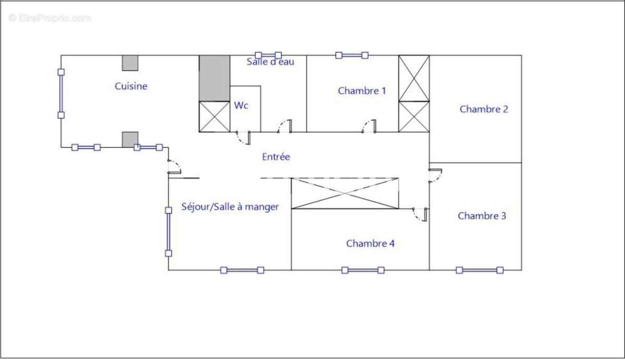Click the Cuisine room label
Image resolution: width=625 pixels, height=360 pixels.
131,86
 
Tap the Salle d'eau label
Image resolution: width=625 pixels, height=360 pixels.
270,61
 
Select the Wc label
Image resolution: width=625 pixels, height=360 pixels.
241,105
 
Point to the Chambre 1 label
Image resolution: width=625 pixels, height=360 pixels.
361,91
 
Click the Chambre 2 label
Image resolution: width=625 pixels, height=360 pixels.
483,109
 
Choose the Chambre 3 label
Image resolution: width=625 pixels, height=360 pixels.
482,216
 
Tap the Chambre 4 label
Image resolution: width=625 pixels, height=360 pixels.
370,243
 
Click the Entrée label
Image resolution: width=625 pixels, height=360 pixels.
276,157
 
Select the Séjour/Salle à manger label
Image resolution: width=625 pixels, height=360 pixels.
230,207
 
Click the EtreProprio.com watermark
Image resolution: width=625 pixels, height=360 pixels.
49,18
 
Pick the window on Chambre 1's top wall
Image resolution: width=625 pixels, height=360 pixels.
352,55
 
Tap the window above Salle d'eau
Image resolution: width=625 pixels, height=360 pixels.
268,55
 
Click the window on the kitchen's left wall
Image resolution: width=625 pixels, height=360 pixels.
61,93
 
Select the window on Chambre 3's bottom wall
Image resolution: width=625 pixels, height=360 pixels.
479,270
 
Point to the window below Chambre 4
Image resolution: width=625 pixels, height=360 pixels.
362,270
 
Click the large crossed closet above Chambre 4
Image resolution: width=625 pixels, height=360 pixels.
345,193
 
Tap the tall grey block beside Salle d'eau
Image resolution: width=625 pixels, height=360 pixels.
215,78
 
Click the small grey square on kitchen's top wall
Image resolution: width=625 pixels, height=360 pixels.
130,63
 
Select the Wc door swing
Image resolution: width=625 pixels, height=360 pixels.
243,138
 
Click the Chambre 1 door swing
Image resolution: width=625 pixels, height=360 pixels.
369,126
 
